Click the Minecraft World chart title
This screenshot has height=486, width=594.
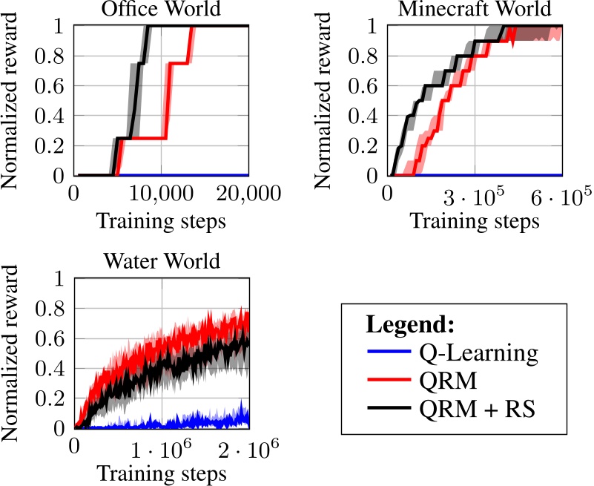tap(474, 9)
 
